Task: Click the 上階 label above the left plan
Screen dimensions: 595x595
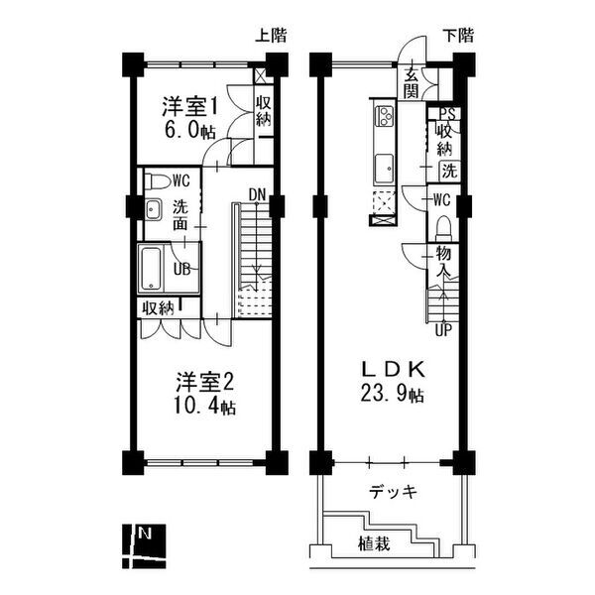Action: click(271, 36)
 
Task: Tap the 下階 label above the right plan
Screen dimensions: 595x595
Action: click(458, 36)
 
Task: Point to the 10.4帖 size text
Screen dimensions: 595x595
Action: click(206, 406)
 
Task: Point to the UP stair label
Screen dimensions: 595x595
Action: click(442, 329)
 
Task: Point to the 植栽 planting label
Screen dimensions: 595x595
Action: click(374, 543)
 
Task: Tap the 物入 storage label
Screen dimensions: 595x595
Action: click(443, 262)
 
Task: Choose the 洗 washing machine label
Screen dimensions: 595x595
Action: click(449, 171)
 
